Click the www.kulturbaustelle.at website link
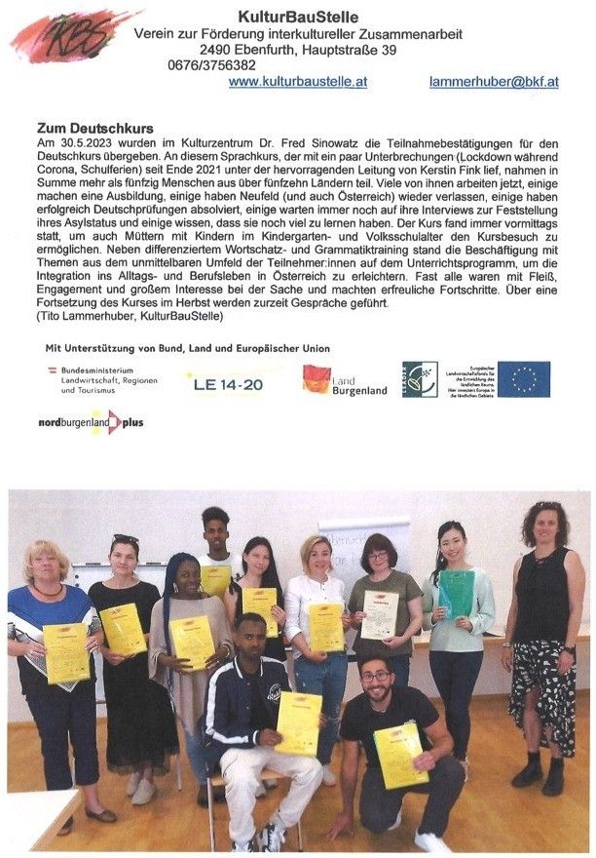297,82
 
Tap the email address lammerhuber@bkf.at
493,82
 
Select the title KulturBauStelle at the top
297,17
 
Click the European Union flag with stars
524,379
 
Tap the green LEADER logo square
420,379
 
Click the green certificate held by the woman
456,594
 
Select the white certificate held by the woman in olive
379,615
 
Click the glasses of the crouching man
375,676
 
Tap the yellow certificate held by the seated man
298,722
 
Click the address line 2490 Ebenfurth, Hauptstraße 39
297,50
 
